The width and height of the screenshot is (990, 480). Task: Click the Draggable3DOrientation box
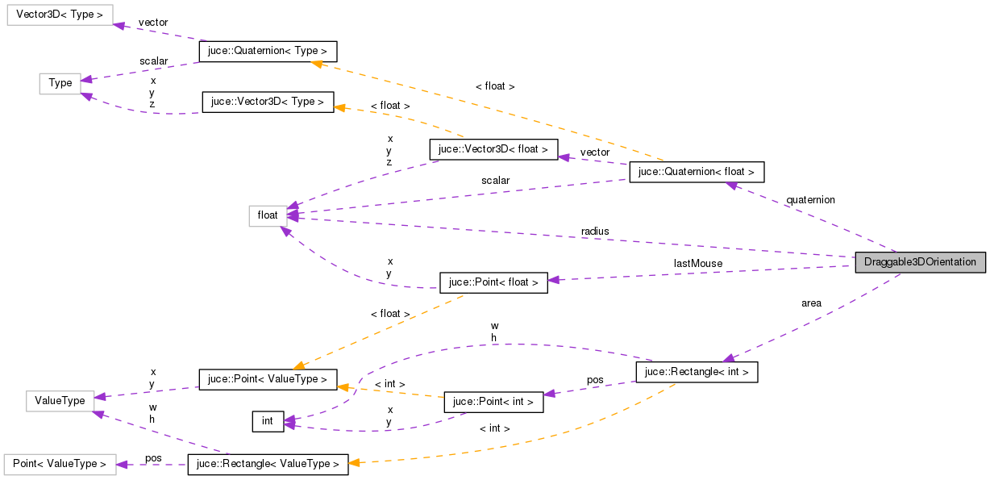coord(920,262)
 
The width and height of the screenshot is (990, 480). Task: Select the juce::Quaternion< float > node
coord(696,172)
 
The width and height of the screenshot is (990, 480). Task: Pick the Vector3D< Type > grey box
coord(60,15)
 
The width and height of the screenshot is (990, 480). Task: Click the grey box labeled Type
coord(60,83)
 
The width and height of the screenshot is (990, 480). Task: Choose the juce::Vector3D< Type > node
coord(268,102)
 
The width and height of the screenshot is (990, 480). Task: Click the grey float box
coord(268,215)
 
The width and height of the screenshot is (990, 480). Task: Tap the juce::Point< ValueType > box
coord(268,379)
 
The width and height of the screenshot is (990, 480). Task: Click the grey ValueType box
coord(60,400)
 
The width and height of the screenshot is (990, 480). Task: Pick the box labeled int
coord(268,421)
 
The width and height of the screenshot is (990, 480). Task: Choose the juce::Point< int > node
coord(493,402)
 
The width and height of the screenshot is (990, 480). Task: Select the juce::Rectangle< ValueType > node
coord(268,465)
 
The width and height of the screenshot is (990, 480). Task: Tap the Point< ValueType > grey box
coord(60,465)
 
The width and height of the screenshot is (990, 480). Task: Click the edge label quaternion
coord(810,200)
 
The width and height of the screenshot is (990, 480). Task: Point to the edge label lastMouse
coord(698,263)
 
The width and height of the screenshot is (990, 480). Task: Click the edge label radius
coord(595,232)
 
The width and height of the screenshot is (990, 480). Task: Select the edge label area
coord(811,303)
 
